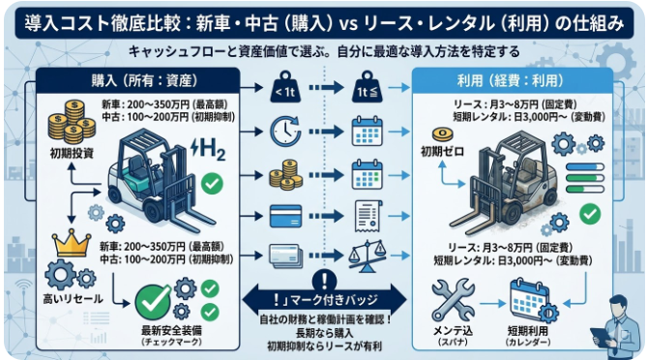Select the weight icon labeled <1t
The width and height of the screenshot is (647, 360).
click(286, 92)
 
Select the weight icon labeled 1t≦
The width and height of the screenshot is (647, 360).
click(368, 93)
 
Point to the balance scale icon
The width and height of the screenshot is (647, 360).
click(368, 255)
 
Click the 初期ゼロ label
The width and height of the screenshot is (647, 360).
click(439, 151)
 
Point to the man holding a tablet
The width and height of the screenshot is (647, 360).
click(619, 329)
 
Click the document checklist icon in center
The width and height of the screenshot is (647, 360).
click(368, 213)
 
